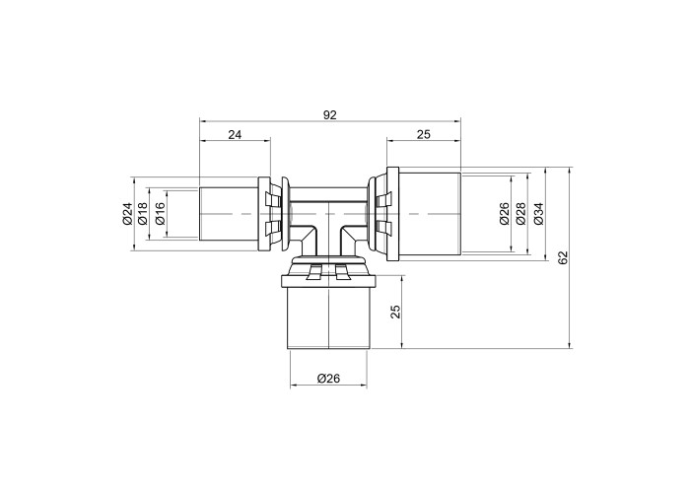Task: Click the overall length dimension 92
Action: [x=329, y=115]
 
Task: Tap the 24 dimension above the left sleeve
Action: [x=235, y=135]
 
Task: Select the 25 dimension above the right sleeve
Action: [x=423, y=135]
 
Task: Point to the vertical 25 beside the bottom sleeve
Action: [x=396, y=312]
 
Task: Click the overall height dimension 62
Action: [x=563, y=258]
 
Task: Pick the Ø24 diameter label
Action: [x=127, y=214]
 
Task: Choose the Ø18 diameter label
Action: [x=143, y=214]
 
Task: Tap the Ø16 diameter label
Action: [x=160, y=214]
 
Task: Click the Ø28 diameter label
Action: [x=521, y=214]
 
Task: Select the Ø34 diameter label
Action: [x=539, y=214]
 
